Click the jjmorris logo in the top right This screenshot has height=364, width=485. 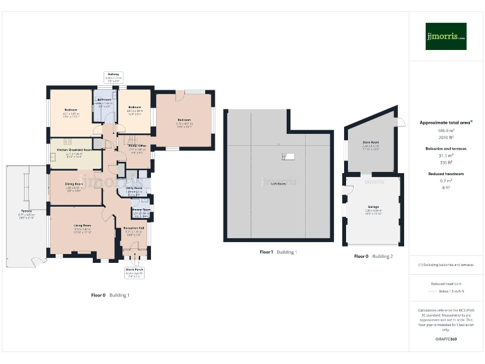pyautogui.click(x=445, y=36)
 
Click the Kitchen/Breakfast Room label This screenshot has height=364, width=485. pyautogui.click(x=75, y=150)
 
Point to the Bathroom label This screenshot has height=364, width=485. pyautogui.click(x=104, y=100)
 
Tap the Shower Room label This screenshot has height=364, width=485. pyautogui.click(x=140, y=209)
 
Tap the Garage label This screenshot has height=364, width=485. pyautogui.click(x=373, y=207)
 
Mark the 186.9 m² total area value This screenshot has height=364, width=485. pyautogui.click(x=446, y=130)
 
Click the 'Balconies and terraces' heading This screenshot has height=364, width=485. pyautogui.click(x=446, y=149)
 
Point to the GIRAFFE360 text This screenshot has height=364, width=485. pyautogui.click(x=446, y=339)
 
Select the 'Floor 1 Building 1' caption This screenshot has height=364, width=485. pyautogui.click(x=278, y=252)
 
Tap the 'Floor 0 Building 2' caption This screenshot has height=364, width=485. pyautogui.click(x=373, y=257)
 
